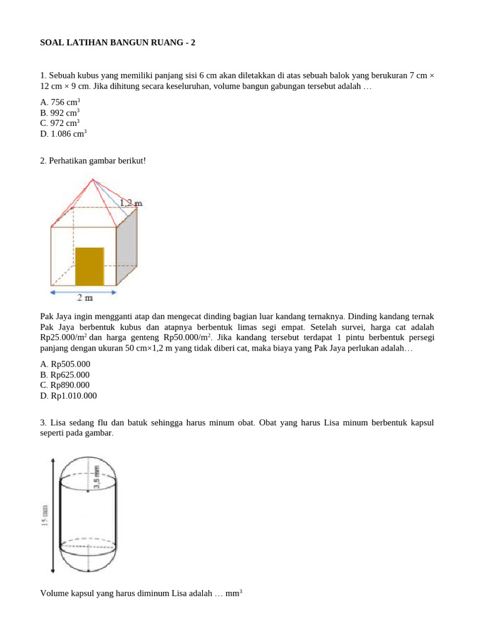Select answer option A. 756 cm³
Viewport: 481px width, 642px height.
(60, 102)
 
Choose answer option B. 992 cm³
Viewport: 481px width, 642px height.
(60, 113)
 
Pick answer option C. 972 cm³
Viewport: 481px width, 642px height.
(60, 123)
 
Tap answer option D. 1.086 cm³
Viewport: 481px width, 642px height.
(63, 134)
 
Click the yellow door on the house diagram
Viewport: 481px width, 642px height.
(90, 266)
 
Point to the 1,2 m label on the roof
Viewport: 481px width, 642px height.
(131, 203)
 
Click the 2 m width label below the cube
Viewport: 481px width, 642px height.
(85, 298)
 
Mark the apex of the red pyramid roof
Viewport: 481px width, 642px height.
(93, 179)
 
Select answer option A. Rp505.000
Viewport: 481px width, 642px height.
(65, 364)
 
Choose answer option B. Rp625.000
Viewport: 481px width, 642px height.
(65, 375)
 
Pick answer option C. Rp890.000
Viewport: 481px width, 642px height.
(65, 385)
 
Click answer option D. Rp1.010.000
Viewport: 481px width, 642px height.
(69, 396)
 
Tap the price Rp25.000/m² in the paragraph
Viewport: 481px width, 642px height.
(63, 338)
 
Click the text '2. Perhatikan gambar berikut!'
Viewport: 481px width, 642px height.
(93, 161)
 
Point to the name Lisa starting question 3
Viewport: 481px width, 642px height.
(57, 423)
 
